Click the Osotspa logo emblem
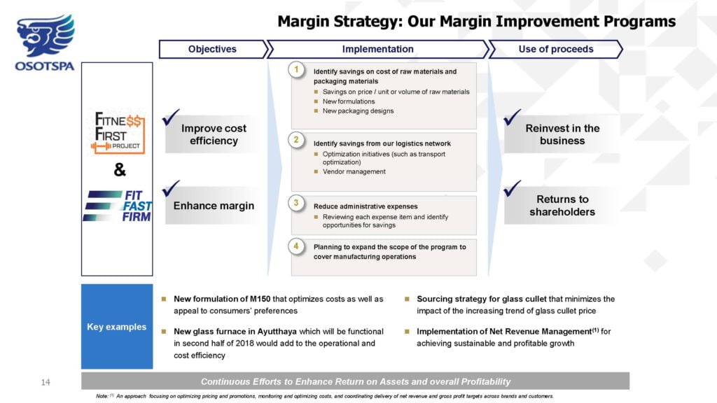[46, 35]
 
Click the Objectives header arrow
[214, 50]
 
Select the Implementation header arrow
[377, 50]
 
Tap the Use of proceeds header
[555, 50]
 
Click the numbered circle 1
[296, 70]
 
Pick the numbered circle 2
[296, 140]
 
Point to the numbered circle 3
[296, 203]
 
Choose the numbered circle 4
[296, 246]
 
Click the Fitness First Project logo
[118, 132]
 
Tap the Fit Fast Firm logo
[118, 206]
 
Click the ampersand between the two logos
[119, 170]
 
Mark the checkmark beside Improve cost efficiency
[171, 117]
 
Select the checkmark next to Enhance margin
[171, 188]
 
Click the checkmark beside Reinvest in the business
[512, 117]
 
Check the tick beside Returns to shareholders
[512, 188]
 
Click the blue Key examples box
[117, 326]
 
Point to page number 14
[46, 383]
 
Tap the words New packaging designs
[358, 111]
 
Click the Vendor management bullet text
[354, 172]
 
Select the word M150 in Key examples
[260, 299]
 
